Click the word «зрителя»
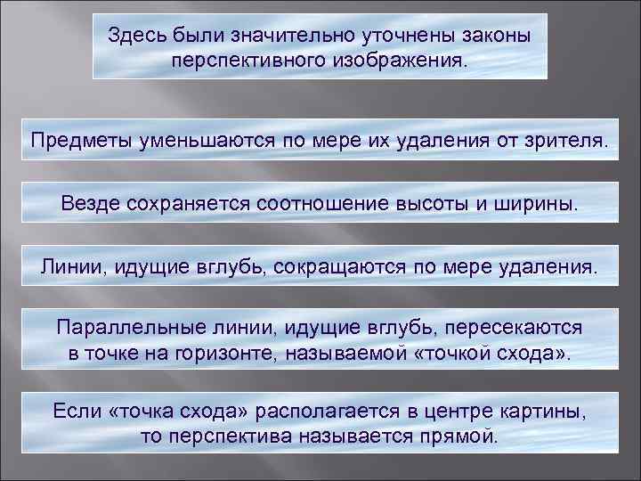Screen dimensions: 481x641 (x=565, y=140)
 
